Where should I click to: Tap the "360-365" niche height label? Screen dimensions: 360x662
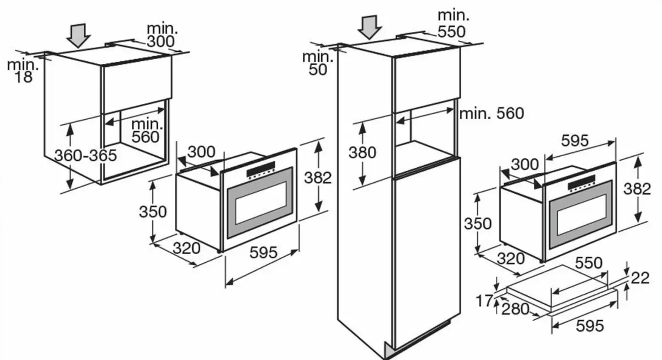pyautogui.click(x=86, y=155)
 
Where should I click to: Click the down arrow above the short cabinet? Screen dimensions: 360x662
pyautogui.click(x=78, y=34)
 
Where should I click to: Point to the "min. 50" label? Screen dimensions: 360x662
pyautogui.click(x=318, y=62)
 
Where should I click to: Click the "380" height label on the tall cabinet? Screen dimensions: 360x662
pyautogui.click(x=362, y=152)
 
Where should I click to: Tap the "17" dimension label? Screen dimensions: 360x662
pyautogui.click(x=485, y=302)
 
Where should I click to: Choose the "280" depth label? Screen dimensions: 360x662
pyautogui.click(x=515, y=310)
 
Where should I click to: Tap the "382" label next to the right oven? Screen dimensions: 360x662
pyautogui.click(x=637, y=189)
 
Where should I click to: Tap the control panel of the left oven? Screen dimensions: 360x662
pyautogui.click(x=261, y=171)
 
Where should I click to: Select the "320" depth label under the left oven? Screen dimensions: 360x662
pyautogui.click(x=186, y=248)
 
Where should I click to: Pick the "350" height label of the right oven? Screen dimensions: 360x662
pyautogui.click(x=478, y=224)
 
